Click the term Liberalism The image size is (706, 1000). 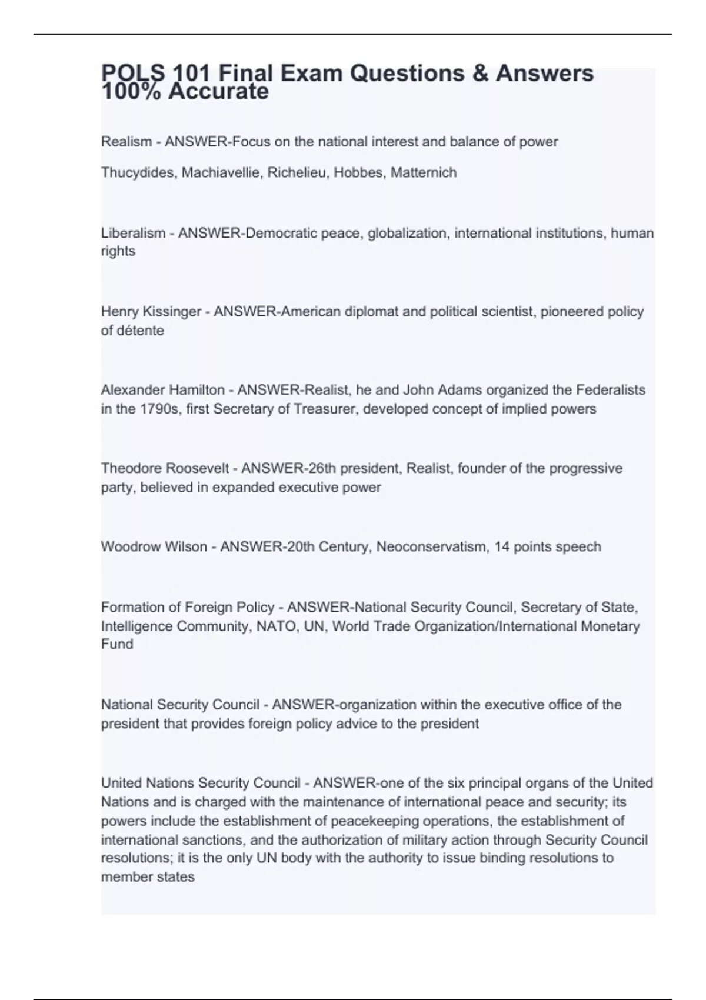(133, 234)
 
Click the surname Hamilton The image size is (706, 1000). (197, 390)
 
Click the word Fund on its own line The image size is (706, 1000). (117, 644)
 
